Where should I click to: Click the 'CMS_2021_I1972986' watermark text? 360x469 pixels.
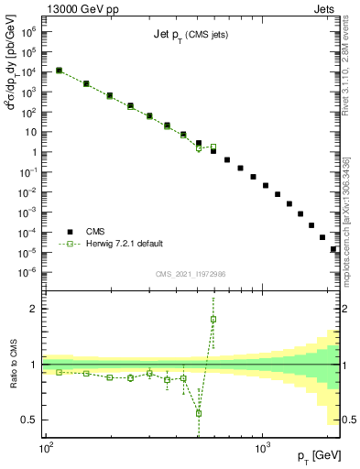(191, 274)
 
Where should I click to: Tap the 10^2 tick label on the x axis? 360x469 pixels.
(46, 448)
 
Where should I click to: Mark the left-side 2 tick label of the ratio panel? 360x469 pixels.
(37, 309)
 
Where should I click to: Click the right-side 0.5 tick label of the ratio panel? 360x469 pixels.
(348, 420)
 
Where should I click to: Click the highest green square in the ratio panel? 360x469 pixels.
(213, 320)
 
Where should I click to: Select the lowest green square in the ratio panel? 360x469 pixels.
(199, 413)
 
